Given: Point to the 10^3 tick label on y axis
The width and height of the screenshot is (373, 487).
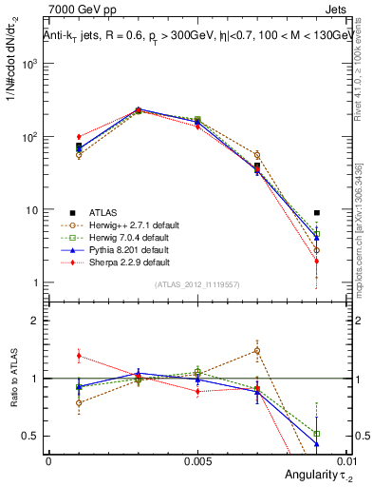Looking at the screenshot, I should coord(29,64).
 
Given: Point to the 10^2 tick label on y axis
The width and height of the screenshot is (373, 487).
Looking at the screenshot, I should coord(29,137).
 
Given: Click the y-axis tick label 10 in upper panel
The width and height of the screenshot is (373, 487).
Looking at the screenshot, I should coord(32,210).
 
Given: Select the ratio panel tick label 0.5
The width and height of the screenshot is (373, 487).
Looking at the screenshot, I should coord(31,436).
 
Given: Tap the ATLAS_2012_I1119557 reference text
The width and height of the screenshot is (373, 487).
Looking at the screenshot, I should coord(196,284).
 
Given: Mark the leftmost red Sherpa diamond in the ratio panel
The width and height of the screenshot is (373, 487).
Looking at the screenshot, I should coord(79,356).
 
